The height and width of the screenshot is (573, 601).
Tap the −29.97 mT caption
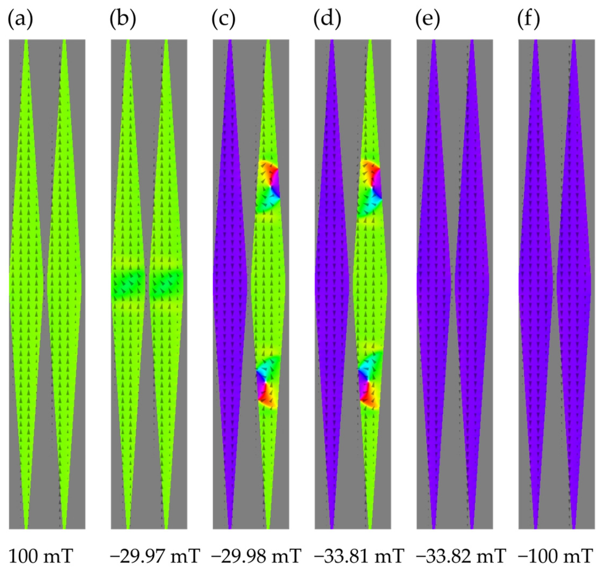[x=155, y=556]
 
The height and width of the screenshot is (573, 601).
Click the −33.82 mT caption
[x=461, y=556]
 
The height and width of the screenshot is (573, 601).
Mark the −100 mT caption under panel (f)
[x=556, y=556]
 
